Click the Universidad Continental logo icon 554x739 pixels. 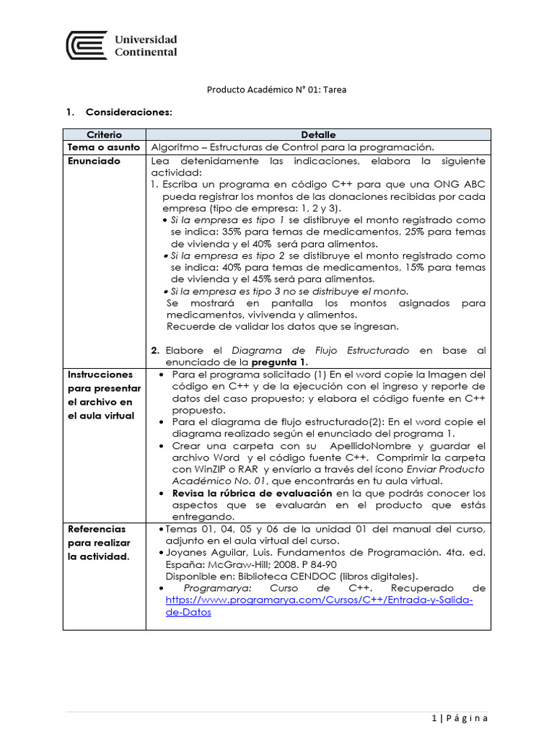(x=87, y=45)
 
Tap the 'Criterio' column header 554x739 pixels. (x=105, y=135)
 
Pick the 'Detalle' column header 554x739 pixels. (x=318, y=135)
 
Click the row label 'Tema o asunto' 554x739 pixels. (x=100, y=147)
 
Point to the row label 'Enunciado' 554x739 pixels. (x=94, y=161)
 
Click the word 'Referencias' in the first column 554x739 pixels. (x=97, y=529)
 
